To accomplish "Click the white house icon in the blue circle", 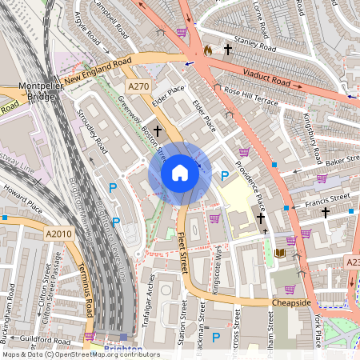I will pos(180,173).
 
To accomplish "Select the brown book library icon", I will pos(279,254).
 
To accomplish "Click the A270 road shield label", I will pos(138,86).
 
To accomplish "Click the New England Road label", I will pos(97,70).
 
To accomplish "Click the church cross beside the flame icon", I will pos(228,50).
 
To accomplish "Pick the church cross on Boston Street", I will pos(158,130).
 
